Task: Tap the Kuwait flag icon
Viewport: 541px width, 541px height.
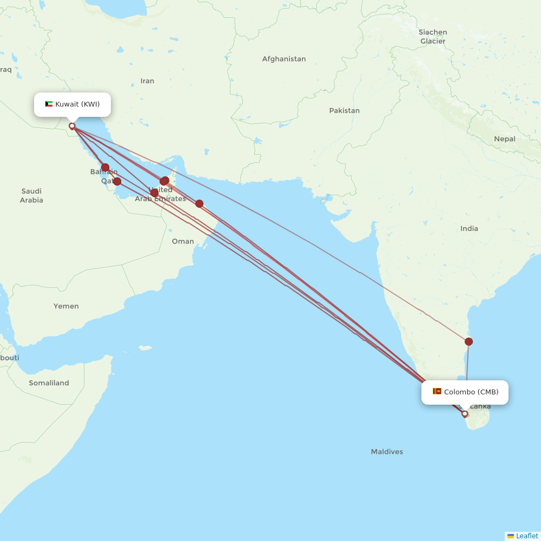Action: [49, 104]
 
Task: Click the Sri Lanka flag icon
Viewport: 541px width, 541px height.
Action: [437, 391]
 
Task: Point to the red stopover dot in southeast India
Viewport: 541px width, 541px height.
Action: [469, 341]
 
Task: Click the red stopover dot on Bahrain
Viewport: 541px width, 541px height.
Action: [105, 168]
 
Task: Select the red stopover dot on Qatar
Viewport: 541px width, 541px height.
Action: [117, 181]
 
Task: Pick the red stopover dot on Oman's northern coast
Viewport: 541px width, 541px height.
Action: [199, 203]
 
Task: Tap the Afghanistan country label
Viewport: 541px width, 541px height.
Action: [283, 59]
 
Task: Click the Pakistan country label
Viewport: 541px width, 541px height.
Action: [344, 110]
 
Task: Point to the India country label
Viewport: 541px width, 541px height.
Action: [469, 228]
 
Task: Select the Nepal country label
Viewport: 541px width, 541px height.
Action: [504, 139]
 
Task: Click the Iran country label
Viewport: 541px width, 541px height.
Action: [147, 81]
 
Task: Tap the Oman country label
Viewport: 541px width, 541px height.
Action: [183, 241]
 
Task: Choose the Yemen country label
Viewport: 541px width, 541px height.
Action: [66, 306]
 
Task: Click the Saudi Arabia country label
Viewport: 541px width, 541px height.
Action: [31, 195]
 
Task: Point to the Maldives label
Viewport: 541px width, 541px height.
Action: [387, 452]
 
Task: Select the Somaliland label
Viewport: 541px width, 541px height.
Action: [49, 383]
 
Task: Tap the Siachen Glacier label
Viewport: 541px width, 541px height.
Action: [433, 37]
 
